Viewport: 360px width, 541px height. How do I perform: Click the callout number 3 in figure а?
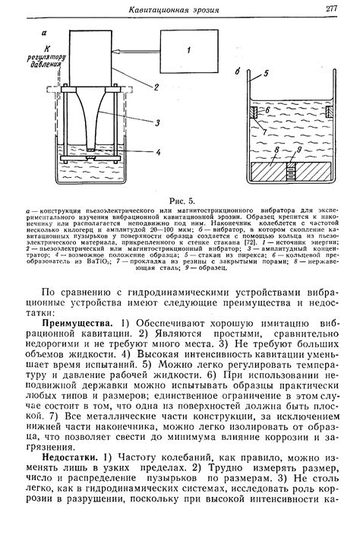(x=156, y=123)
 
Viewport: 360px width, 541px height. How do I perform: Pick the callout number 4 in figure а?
(x=156, y=152)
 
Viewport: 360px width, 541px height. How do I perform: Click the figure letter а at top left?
(x=46, y=33)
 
